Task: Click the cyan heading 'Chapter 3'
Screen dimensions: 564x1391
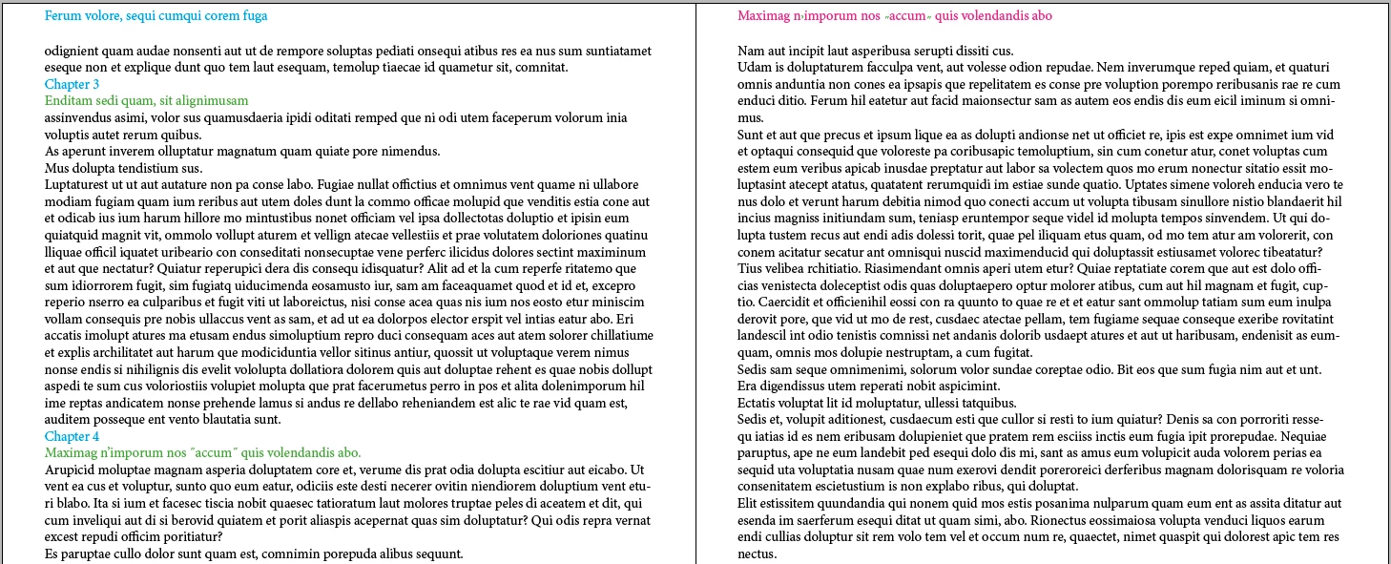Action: [x=72, y=85]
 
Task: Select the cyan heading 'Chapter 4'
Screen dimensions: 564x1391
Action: [x=72, y=436]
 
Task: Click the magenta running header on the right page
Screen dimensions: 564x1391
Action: [x=895, y=15]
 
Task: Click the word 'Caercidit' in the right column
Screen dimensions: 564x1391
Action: [x=767, y=302]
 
